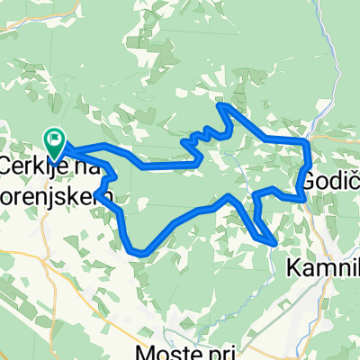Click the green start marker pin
point(55,139)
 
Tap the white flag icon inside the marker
point(55,138)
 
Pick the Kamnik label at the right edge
point(323,267)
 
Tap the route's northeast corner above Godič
point(308,141)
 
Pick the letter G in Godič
point(308,180)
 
